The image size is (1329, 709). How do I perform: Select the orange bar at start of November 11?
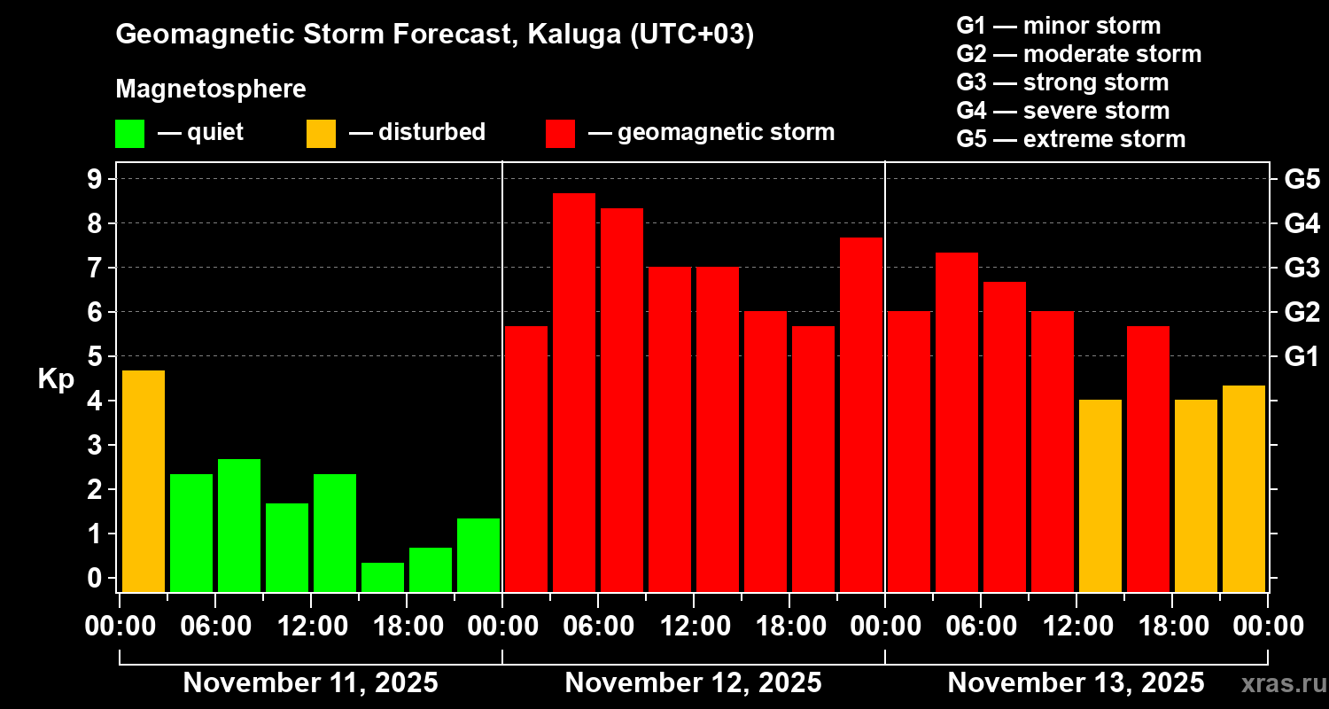[x=144, y=480]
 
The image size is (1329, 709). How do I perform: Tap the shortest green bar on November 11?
[x=383, y=577]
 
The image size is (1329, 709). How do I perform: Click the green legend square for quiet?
[x=129, y=134]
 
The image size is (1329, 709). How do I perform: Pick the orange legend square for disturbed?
[x=321, y=134]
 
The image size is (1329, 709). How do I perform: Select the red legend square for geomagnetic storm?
[x=560, y=134]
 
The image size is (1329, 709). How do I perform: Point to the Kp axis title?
[x=55, y=379]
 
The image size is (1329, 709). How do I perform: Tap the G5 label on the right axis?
[x=1302, y=180]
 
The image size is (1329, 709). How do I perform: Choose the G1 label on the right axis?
[x=1302, y=357]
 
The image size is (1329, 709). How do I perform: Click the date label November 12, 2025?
[x=693, y=683]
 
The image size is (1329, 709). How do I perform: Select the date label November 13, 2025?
[x=1076, y=683]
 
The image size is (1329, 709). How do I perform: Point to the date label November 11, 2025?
[x=310, y=683]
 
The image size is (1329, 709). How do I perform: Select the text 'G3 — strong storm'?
[x=1062, y=82]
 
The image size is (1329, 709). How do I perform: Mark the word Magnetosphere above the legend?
[x=211, y=90]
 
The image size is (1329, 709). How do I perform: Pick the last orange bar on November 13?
[x=1244, y=488]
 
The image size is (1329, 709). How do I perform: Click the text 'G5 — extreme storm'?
[x=1070, y=139]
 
